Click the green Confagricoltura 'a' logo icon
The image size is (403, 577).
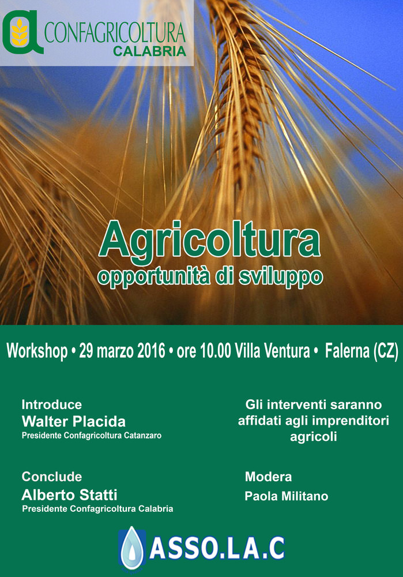coord(23,32)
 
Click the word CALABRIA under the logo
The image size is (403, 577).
coord(150,51)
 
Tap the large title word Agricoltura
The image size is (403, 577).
coord(209,240)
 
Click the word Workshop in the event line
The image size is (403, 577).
coord(37,351)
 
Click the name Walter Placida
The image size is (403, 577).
coord(74,421)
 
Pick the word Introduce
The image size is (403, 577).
coord(52,404)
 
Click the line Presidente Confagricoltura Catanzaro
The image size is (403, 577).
coord(92,436)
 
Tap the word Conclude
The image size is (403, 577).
coord(52,477)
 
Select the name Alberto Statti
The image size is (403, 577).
coord(70,495)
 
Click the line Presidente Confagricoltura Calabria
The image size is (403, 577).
coord(97,509)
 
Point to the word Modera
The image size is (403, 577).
coord(269,477)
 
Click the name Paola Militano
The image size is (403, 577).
coord(287,496)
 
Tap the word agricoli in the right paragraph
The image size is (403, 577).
coord(314,437)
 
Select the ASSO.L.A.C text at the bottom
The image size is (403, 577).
coord(217,548)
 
